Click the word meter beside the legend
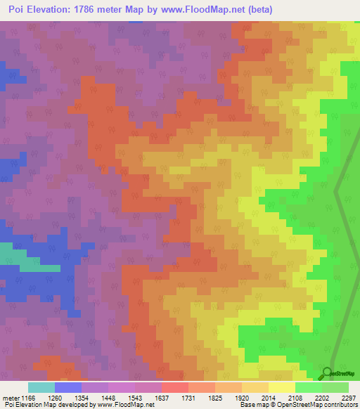[x=12, y=398]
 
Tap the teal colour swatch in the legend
[x=41, y=387]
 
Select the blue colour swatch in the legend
[x=68, y=387]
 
